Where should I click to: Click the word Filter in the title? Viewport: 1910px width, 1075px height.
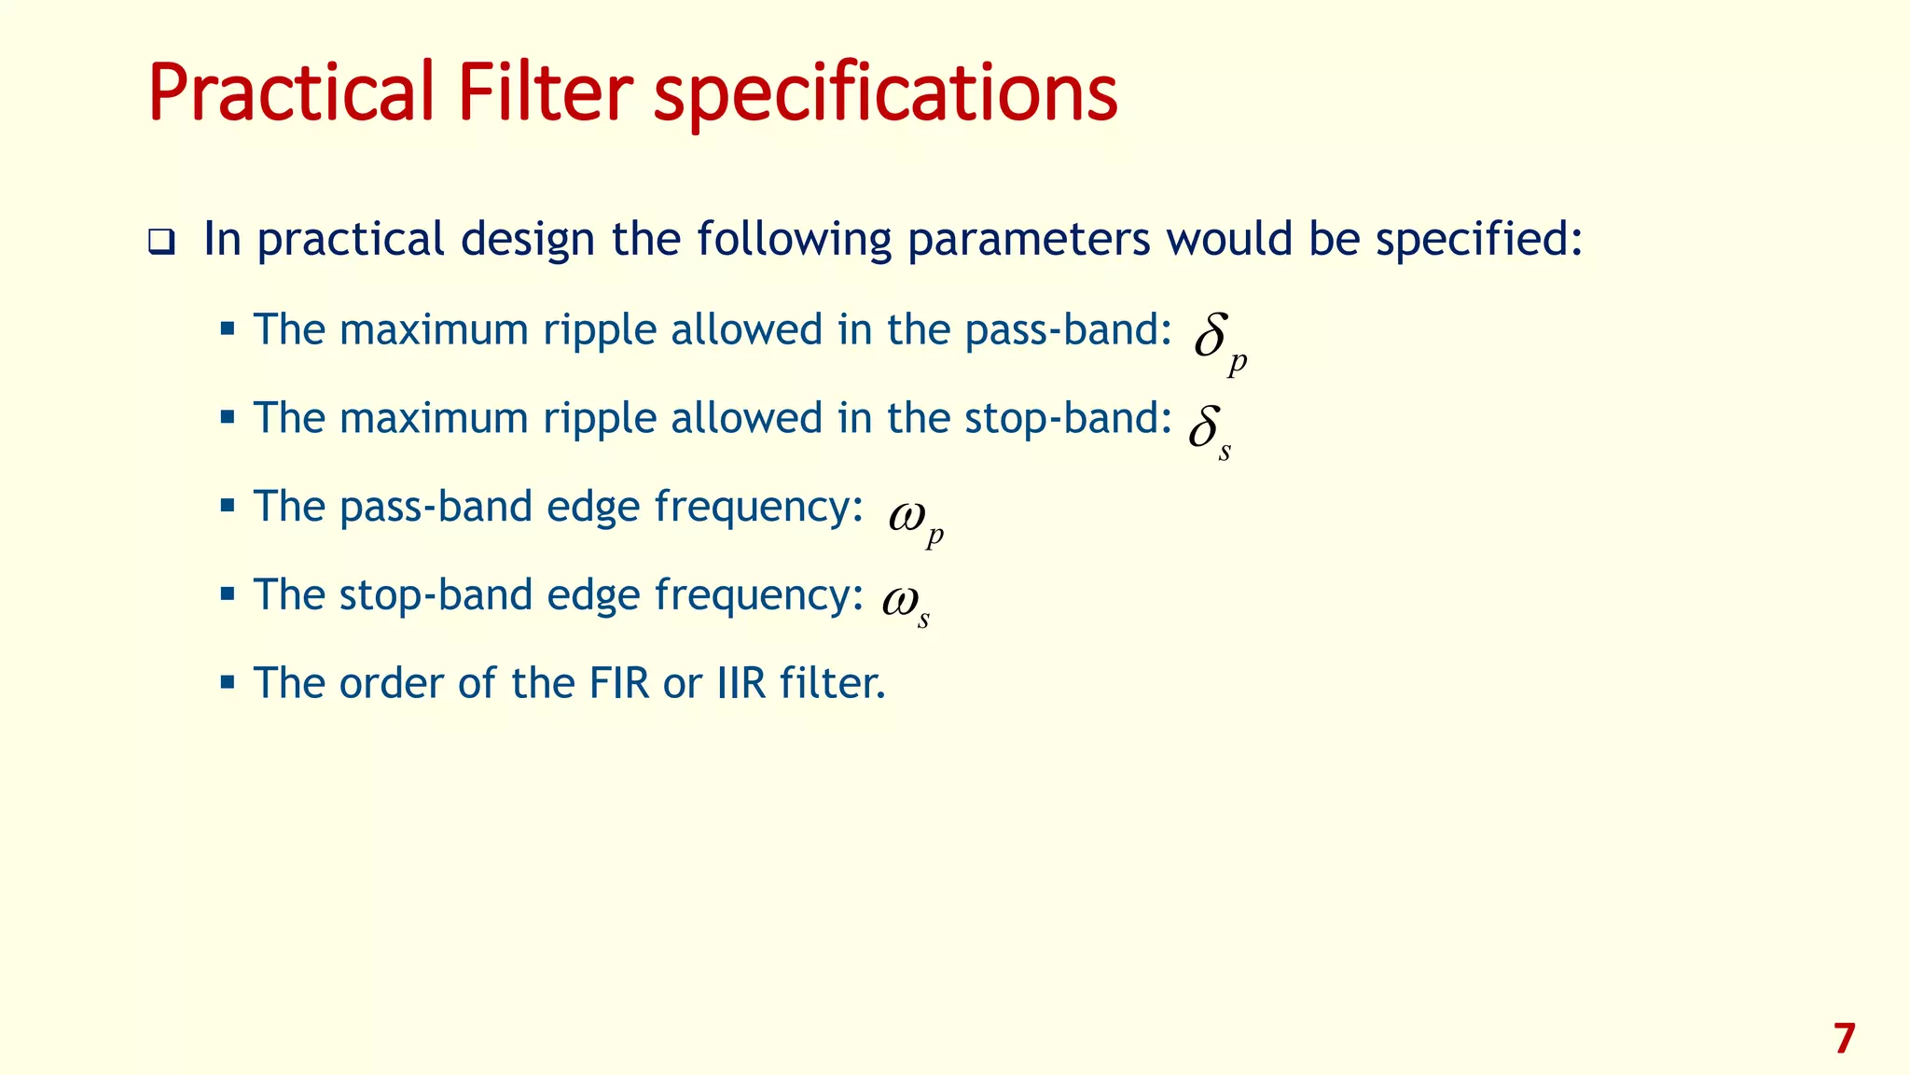(x=545, y=93)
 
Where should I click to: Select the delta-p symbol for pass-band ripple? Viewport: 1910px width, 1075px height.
(x=1218, y=342)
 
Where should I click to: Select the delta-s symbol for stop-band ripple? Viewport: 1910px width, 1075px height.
(x=1209, y=431)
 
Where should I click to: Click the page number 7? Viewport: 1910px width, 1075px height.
(x=1843, y=1039)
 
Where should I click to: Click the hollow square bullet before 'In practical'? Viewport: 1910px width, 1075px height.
(x=161, y=243)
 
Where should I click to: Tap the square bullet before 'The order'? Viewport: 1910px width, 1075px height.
(x=227, y=682)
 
